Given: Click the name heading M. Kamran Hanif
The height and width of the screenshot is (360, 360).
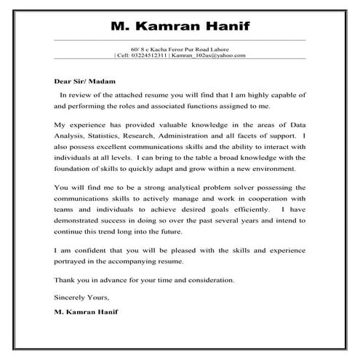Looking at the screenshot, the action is pyautogui.click(x=180, y=27).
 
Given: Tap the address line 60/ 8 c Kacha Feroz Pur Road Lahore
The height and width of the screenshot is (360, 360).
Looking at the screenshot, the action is pyautogui.click(x=180, y=48).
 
